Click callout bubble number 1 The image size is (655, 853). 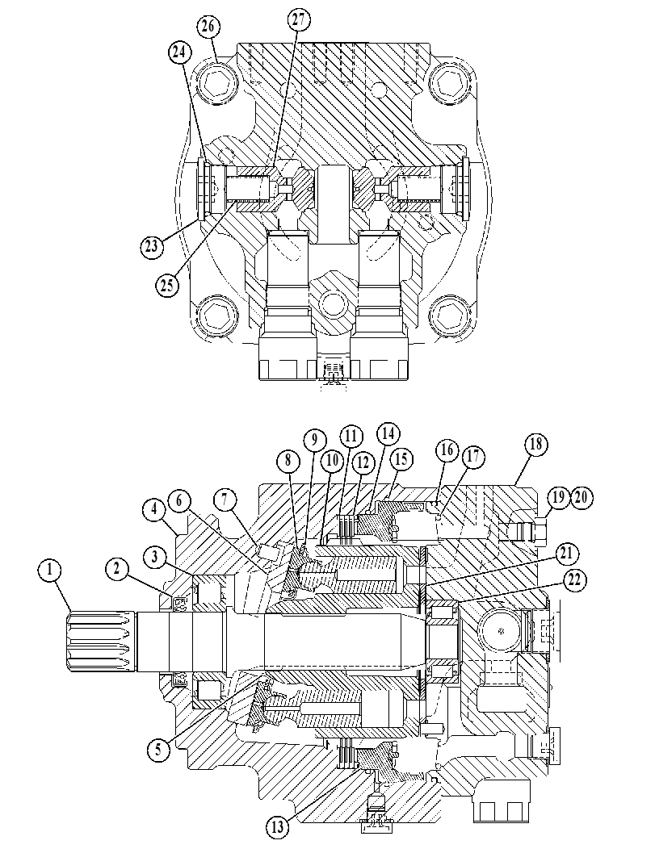click(51, 571)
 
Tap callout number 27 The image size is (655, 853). click(298, 19)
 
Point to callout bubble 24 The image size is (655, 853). click(179, 52)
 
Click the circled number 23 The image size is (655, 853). click(151, 246)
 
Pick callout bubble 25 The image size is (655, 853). click(167, 284)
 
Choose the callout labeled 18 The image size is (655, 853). click(535, 444)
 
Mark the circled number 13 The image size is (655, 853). click(278, 829)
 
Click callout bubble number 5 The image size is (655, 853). click(158, 750)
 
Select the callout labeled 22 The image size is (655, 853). click(574, 580)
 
